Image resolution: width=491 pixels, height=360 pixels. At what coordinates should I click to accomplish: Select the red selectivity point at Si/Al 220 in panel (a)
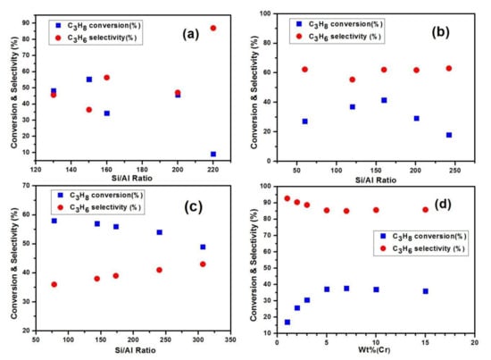(x=212, y=28)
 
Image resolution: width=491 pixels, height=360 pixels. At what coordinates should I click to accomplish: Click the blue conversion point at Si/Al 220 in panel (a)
(x=212, y=154)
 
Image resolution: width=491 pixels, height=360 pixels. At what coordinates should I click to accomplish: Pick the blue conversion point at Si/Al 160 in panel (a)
(x=107, y=113)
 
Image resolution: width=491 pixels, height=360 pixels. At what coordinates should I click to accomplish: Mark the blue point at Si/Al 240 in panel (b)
(x=448, y=135)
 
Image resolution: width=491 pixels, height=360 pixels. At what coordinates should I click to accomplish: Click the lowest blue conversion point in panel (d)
(x=287, y=322)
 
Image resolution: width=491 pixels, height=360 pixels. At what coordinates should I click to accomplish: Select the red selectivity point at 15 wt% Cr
(x=425, y=210)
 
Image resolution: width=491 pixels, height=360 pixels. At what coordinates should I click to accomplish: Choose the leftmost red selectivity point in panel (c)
(x=54, y=284)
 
